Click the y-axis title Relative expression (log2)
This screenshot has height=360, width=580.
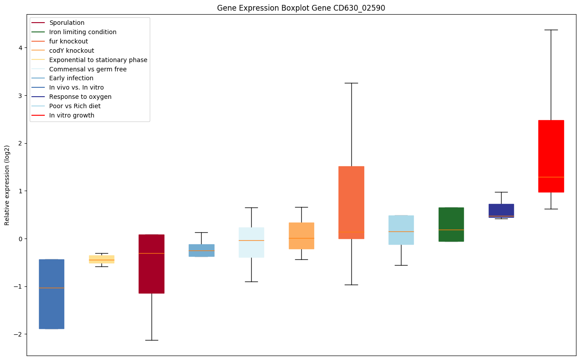point(7,185)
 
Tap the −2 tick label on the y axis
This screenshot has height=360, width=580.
point(19,334)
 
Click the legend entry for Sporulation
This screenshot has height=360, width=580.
point(66,23)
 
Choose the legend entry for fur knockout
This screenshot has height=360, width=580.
point(68,41)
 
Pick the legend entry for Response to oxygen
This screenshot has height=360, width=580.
point(80,97)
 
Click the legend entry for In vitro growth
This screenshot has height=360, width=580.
point(72,115)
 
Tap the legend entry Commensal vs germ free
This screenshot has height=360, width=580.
point(88,69)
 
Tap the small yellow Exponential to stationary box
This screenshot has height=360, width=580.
point(101,259)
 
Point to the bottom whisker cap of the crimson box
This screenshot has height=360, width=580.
point(152,340)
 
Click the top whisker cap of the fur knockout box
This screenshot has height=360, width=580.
point(351,83)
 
